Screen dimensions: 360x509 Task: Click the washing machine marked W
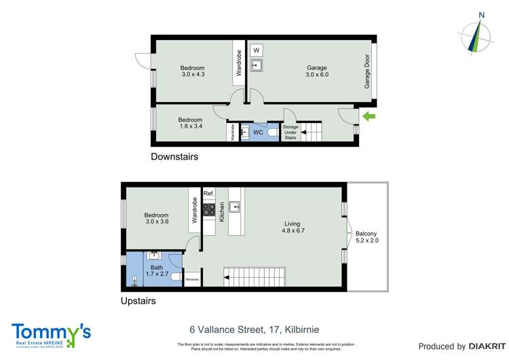tap(257, 50)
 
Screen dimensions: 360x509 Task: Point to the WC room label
tap(258, 132)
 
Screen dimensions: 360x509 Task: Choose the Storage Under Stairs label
tap(290, 132)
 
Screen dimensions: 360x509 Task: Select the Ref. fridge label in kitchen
tap(209, 194)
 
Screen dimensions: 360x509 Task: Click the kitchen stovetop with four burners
tap(209, 209)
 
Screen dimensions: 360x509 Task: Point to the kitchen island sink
tap(235, 206)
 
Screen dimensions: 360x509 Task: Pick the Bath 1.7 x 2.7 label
tap(157, 272)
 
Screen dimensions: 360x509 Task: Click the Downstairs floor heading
tap(174, 157)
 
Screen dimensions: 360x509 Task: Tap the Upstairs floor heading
tap(138, 300)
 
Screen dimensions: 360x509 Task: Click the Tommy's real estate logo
tap(51, 334)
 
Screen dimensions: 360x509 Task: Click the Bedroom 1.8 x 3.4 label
tap(191, 124)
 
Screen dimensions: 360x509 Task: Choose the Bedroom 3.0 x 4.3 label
tap(193, 71)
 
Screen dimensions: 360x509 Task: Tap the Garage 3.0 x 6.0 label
tap(317, 71)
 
